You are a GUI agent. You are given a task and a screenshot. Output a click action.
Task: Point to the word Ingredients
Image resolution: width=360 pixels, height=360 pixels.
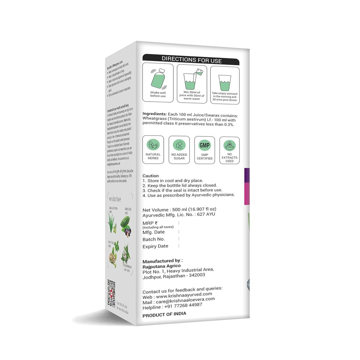pos(154,114)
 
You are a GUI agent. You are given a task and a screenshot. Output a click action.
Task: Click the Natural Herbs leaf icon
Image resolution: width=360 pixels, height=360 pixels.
pos(153,145)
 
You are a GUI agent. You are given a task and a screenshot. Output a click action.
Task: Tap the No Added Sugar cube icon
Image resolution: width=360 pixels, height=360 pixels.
pos(179,145)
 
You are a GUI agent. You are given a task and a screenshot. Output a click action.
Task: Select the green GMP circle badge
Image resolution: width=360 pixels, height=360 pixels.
pos(205,145)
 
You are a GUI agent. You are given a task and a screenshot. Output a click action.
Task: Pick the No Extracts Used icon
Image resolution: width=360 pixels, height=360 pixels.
pos(229,145)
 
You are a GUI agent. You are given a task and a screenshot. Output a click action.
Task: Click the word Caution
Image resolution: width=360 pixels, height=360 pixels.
pos(151,176)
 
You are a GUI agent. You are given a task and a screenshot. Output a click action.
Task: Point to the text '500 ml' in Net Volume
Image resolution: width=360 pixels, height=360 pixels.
pos(179,209)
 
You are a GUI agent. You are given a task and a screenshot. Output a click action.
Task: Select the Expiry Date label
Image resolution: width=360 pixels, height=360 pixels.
pos(155,246)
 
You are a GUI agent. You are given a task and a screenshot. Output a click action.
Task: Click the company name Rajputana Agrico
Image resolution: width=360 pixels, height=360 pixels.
pos(161,266)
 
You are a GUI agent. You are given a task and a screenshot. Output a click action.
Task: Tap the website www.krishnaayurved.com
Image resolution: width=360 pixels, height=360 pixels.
pos(184,295)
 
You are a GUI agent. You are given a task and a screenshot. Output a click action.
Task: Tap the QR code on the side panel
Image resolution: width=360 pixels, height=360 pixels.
pos(112,293)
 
